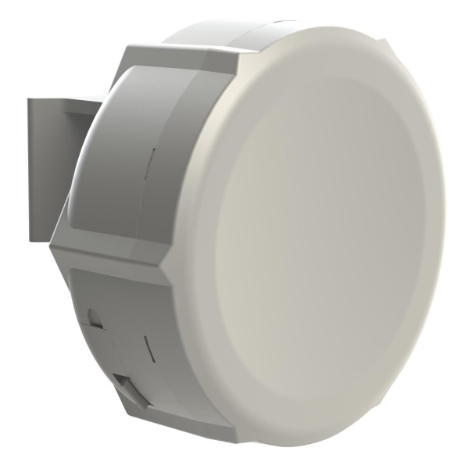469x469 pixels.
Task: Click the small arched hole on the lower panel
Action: (x=95, y=316)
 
